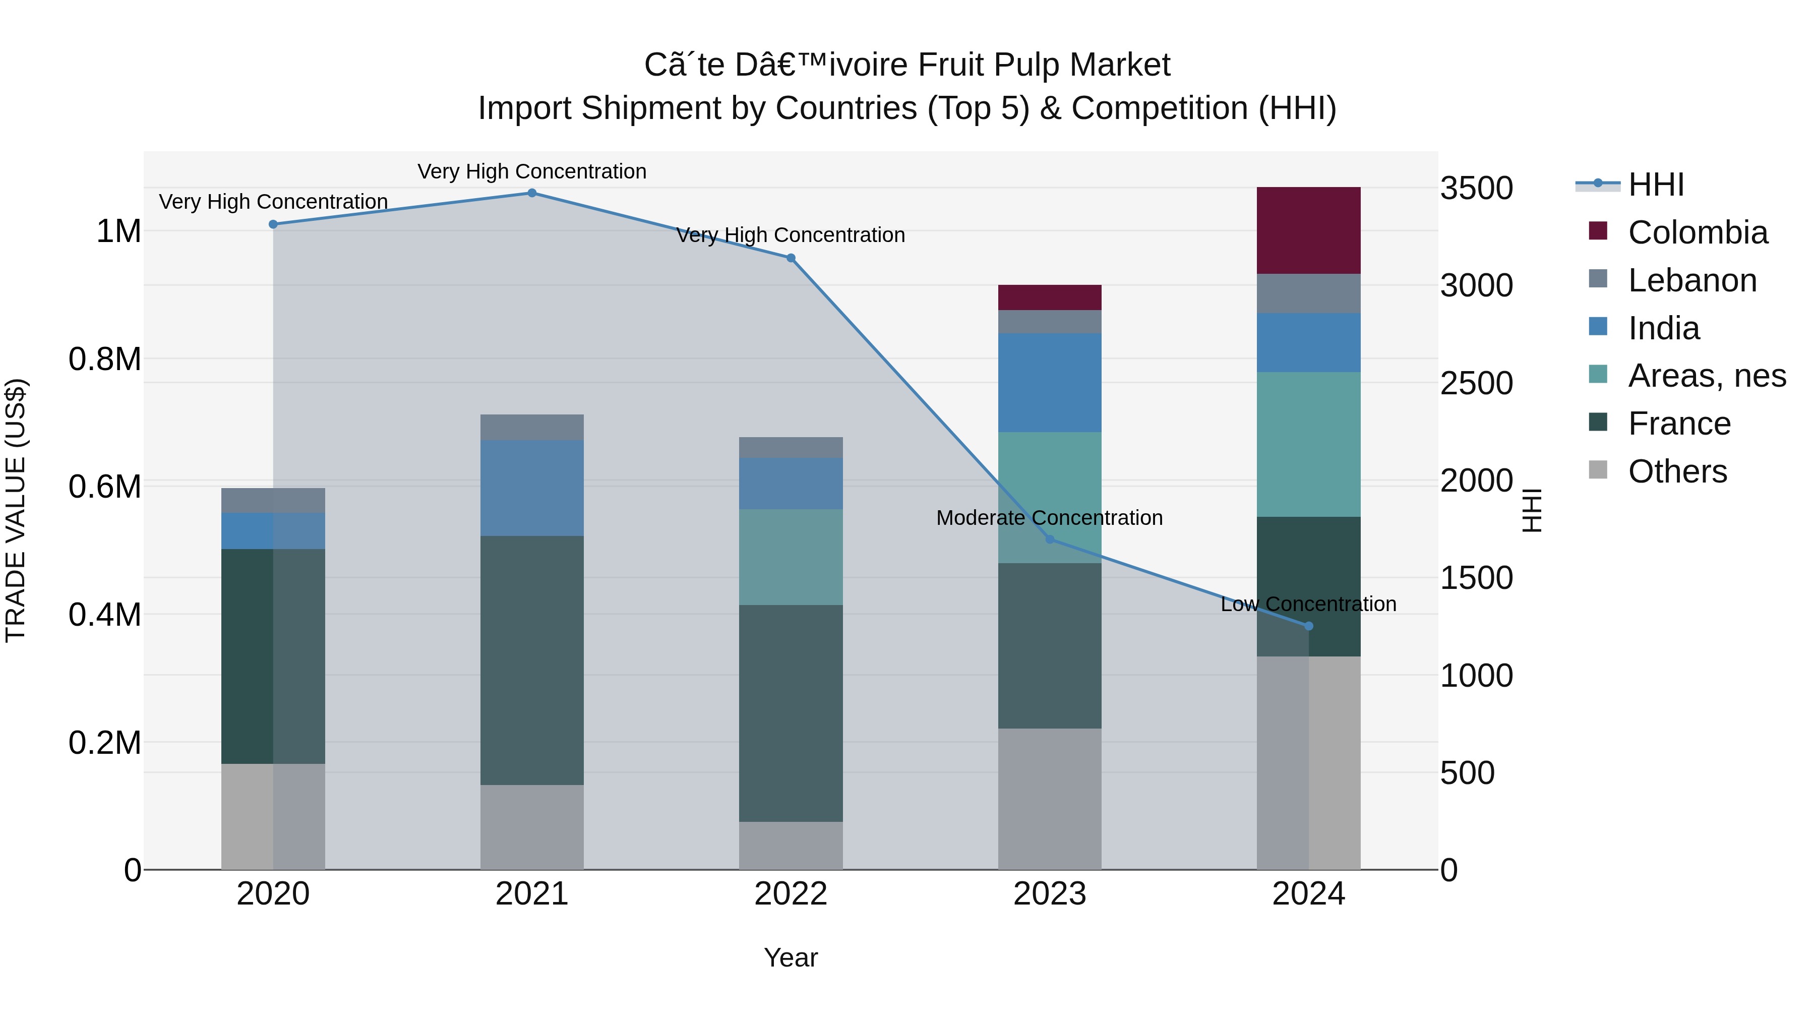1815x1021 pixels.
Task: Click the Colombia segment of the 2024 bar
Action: click(1308, 230)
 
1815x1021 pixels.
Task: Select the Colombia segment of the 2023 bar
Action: click(1050, 297)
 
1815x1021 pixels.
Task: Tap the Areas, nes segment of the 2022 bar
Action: click(791, 557)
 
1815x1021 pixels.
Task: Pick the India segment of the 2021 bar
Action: click(532, 488)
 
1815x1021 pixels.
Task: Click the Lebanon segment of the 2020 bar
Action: click(273, 500)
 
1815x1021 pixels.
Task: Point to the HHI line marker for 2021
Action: click(532, 193)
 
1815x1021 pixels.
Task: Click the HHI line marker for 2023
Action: click(1050, 539)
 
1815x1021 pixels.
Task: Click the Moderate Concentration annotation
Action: click(1050, 518)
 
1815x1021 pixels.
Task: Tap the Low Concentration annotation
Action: click(1308, 604)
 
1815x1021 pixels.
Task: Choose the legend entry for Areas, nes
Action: click(1687, 376)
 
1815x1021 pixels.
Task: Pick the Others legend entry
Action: click(1658, 471)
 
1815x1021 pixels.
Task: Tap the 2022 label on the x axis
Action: click(791, 894)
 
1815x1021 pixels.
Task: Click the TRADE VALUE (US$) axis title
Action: click(16, 511)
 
